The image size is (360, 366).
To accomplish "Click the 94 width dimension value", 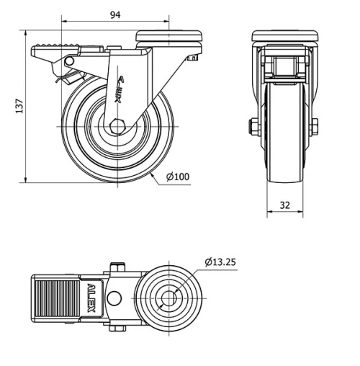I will (115, 14).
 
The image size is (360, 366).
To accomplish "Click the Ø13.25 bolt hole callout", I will (220, 262).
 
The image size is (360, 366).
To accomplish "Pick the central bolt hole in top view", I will (171, 299).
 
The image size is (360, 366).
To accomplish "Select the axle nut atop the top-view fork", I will (118, 269).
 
